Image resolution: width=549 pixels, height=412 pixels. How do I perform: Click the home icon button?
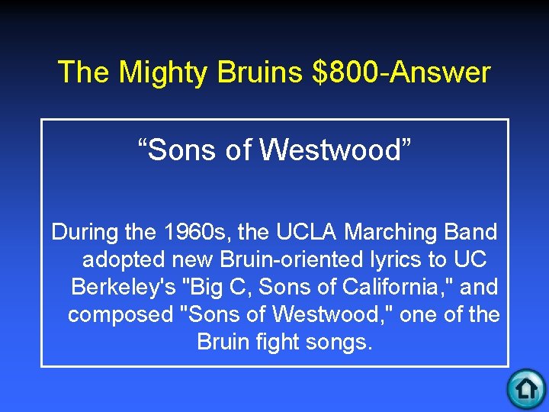525,389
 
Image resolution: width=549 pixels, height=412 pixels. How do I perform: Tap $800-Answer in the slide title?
402,72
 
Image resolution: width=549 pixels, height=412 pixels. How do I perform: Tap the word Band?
476,232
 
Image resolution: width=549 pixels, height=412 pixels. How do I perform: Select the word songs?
344,342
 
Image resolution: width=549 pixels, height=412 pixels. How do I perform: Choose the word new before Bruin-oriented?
194,259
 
